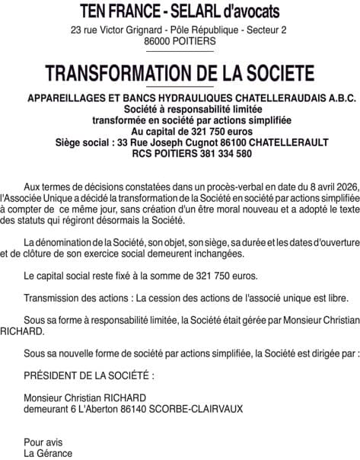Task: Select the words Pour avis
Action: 43,442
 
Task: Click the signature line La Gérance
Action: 49,452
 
